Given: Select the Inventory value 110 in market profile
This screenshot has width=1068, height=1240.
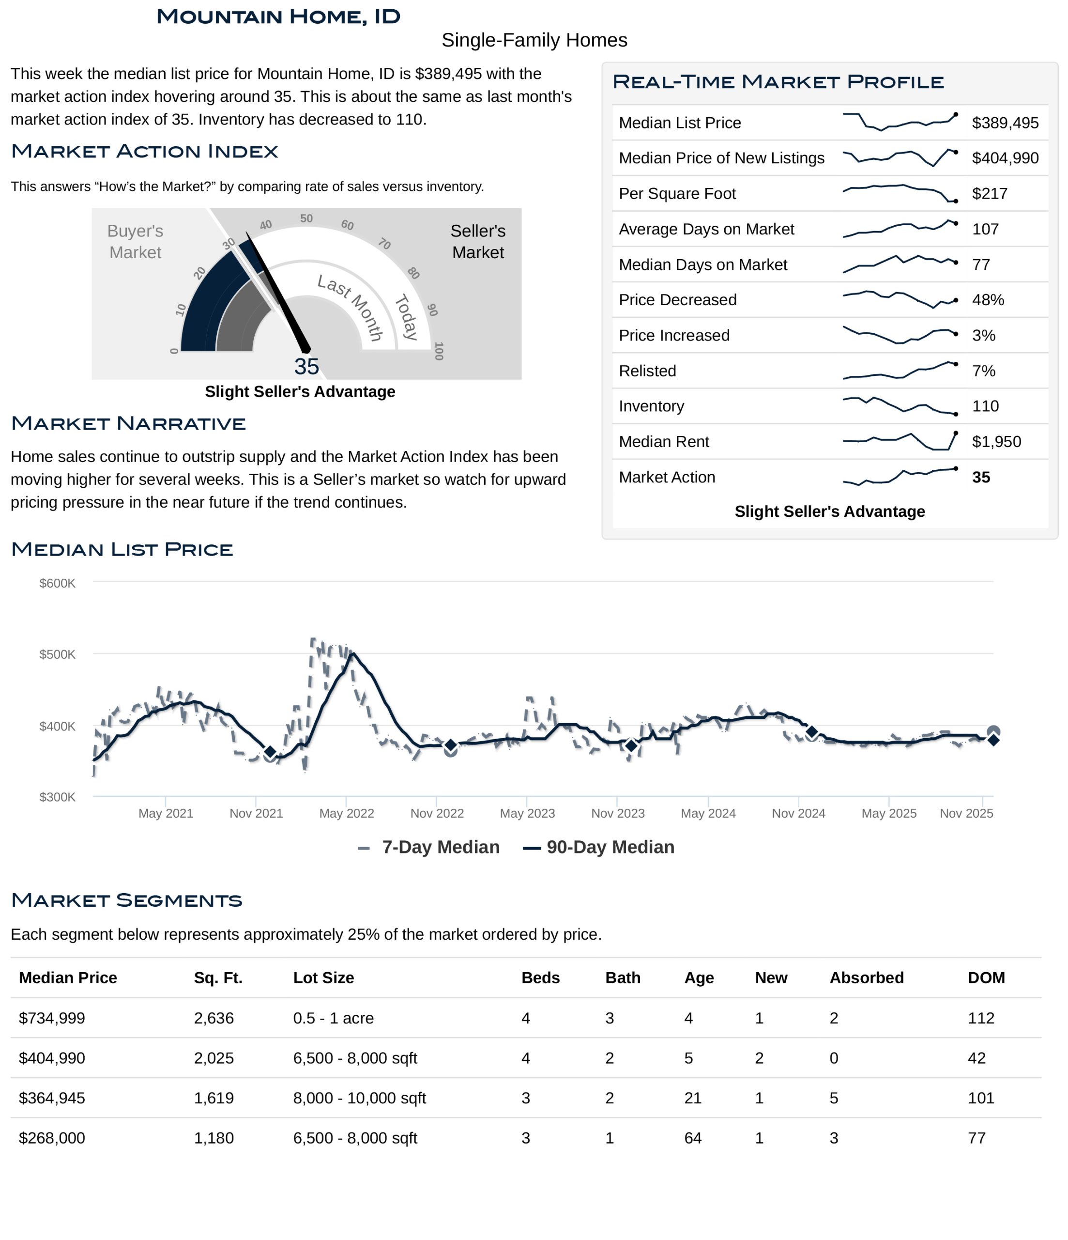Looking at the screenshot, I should (x=985, y=406).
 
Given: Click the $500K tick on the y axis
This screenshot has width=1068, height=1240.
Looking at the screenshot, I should (x=58, y=654).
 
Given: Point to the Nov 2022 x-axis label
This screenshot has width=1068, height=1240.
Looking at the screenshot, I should (x=437, y=813).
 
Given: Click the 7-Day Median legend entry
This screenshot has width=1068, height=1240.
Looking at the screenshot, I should (x=429, y=847).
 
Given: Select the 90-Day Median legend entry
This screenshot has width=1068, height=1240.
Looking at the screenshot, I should (x=599, y=847).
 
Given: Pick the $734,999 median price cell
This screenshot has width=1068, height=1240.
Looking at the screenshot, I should (x=52, y=1018).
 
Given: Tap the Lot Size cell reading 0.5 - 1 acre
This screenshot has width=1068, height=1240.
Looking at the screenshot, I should (x=333, y=1018).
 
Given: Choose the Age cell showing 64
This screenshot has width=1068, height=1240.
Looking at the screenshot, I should (x=693, y=1138).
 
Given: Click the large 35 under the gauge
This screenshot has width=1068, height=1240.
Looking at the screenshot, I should (x=306, y=366).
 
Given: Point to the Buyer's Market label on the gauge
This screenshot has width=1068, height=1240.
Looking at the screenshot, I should (x=135, y=242).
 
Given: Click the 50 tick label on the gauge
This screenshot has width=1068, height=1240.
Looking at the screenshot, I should (x=306, y=218).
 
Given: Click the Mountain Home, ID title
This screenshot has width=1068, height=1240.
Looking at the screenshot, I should (x=278, y=17).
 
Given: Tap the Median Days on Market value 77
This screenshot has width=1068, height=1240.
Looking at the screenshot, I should (x=981, y=264).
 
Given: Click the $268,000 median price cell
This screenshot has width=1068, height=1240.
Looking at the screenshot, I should (x=52, y=1138).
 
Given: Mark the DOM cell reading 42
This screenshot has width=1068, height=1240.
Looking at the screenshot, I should (x=976, y=1058).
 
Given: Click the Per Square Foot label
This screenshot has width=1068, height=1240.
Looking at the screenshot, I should (x=677, y=193).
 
